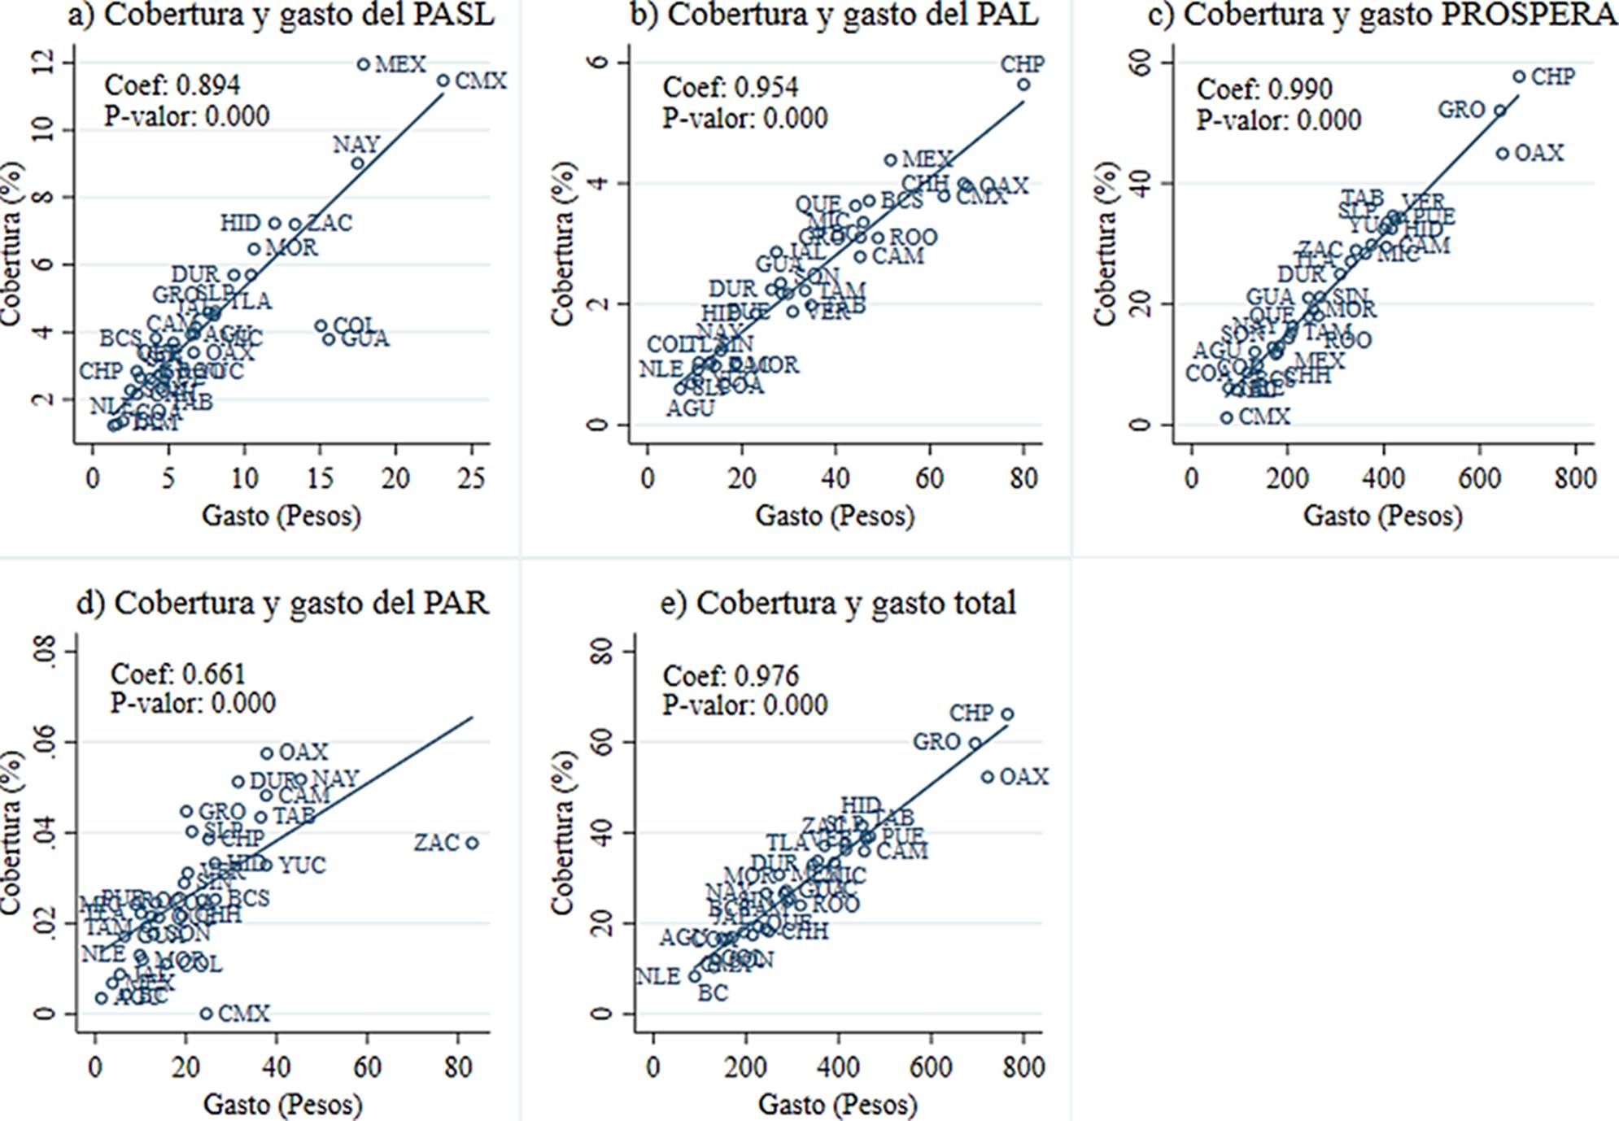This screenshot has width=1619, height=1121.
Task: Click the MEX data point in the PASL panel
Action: (x=363, y=64)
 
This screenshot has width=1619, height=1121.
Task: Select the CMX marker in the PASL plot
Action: (x=443, y=81)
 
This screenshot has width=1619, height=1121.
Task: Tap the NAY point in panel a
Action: (x=357, y=164)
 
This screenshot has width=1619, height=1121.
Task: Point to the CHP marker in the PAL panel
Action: (x=1023, y=85)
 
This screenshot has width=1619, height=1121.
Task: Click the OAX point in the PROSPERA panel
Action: (x=1502, y=153)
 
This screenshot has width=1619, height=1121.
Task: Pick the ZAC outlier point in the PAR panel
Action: (x=472, y=844)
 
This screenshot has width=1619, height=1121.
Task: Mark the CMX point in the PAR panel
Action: (x=206, y=1014)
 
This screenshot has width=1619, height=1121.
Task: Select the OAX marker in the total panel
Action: (x=987, y=777)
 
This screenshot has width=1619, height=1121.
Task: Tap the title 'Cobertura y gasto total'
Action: (x=838, y=603)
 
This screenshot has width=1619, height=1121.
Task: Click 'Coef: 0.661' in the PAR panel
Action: (x=177, y=674)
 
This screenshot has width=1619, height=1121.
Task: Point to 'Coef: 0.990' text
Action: (x=1264, y=89)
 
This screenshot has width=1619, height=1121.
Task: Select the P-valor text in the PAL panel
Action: (x=744, y=118)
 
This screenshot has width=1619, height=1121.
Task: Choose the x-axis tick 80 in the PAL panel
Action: (x=1023, y=478)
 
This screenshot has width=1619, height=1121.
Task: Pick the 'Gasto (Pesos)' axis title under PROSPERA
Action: (x=1382, y=516)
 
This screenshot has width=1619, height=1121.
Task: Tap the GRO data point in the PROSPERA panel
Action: (x=1499, y=111)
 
